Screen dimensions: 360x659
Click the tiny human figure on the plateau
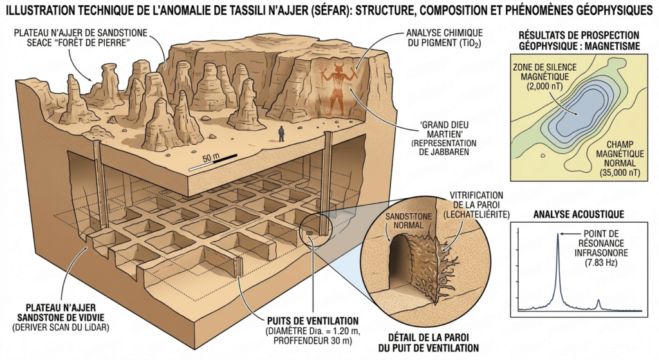(281, 133)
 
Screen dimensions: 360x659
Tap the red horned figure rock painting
(335, 90)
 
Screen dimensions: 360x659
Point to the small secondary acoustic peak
(599, 302)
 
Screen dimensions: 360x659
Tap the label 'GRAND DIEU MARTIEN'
(443, 135)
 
